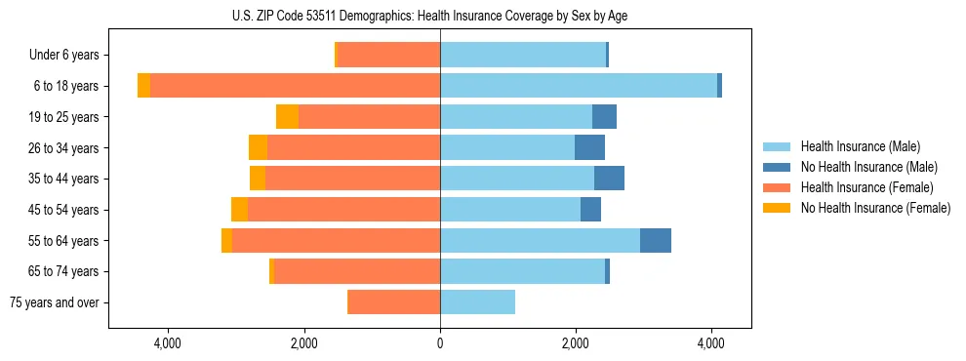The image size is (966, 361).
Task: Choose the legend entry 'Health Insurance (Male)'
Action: click(860, 146)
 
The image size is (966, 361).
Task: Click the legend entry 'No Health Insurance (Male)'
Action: click(868, 167)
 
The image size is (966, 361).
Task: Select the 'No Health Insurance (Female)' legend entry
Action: click(875, 208)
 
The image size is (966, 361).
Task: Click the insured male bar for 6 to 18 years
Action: click(579, 86)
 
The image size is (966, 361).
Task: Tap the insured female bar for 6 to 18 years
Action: click(295, 86)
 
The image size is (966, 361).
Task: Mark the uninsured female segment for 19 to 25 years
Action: click(287, 117)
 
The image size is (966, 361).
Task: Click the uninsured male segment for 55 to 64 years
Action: click(656, 240)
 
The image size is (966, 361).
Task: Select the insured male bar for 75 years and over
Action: click(477, 302)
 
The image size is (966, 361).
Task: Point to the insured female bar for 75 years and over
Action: click(394, 302)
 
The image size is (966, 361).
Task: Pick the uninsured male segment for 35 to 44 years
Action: click(609, 179)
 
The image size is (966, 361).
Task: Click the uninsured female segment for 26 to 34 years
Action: click(258, 147)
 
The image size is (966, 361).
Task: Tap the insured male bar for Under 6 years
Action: click(523, 56)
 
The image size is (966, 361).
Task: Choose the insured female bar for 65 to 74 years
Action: click(357, 271)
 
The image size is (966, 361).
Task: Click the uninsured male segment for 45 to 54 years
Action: click(590, 210)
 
